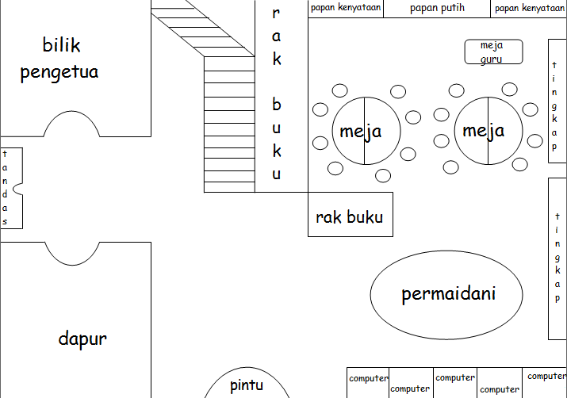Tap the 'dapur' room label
[82, 339]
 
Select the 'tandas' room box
[11, 188]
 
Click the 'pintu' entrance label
[247, 386]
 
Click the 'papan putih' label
[437, 9]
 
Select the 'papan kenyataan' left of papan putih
[346, 9]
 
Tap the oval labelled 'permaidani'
[448, 294]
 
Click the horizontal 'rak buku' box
[350, 214]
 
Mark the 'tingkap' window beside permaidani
[557, 258]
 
